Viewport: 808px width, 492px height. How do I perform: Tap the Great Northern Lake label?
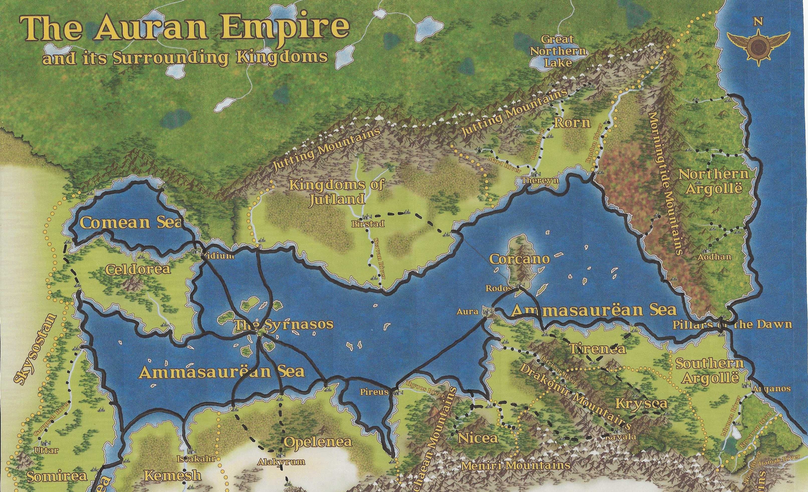558,51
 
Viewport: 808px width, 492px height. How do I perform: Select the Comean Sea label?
131,223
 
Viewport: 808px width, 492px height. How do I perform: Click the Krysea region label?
641,403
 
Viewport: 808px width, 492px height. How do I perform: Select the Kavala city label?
621,437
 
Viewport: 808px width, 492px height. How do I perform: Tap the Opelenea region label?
317,442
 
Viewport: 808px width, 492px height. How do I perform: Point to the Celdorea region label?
138,270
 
